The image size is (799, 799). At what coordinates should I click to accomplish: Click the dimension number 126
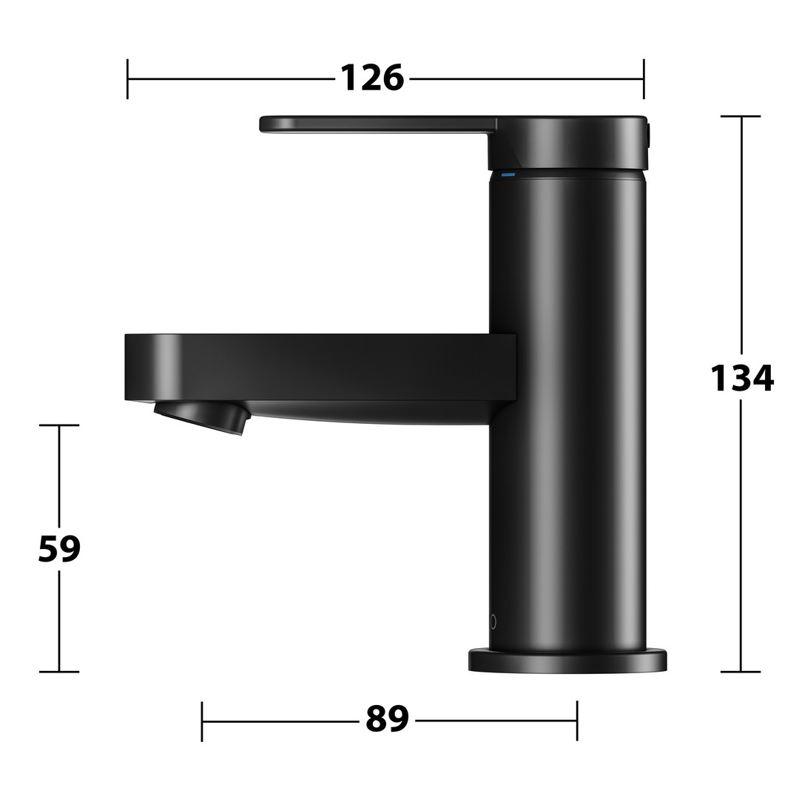(x=372, y=78)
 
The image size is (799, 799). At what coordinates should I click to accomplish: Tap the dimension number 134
(x=742, y=378)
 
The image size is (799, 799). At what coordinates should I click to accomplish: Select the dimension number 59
(x=59, y=549)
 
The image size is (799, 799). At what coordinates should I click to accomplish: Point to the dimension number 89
(x=387, y=718)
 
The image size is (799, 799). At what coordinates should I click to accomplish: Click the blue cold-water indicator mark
(x=508, y=175)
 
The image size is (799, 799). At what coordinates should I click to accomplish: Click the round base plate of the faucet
(x=567, y=661)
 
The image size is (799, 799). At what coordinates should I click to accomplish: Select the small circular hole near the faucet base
(x=493, y=621)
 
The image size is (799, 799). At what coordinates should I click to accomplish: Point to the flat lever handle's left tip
(x=261, y=124)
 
